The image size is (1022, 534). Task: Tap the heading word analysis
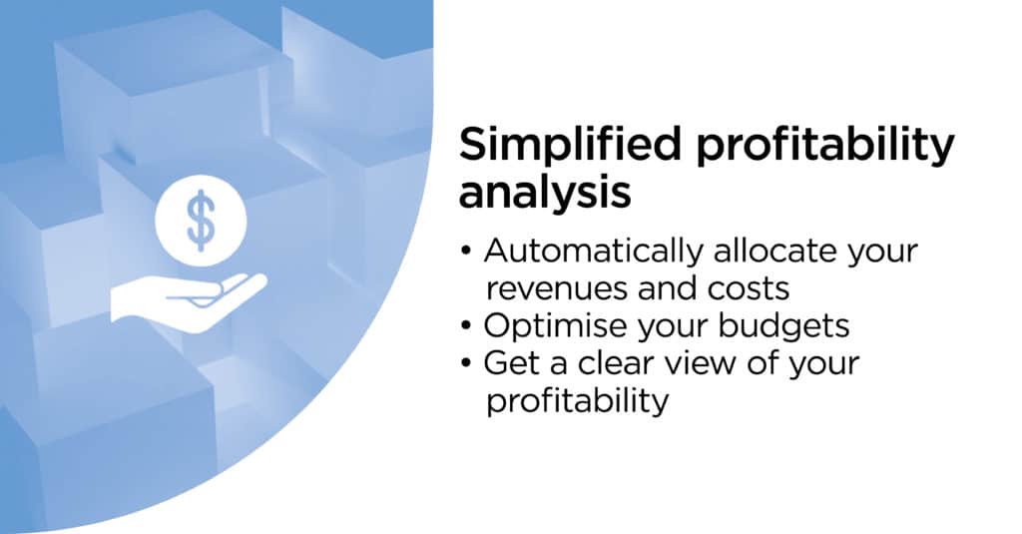tap(545, 194)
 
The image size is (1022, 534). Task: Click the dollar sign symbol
tap(201, 221)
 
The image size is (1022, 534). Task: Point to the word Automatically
tap(594, 252)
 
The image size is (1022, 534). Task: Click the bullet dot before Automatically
tap(465, 252)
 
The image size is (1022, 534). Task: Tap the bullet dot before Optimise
tap(465, 326)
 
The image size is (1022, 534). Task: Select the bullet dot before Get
tap(465, 363)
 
